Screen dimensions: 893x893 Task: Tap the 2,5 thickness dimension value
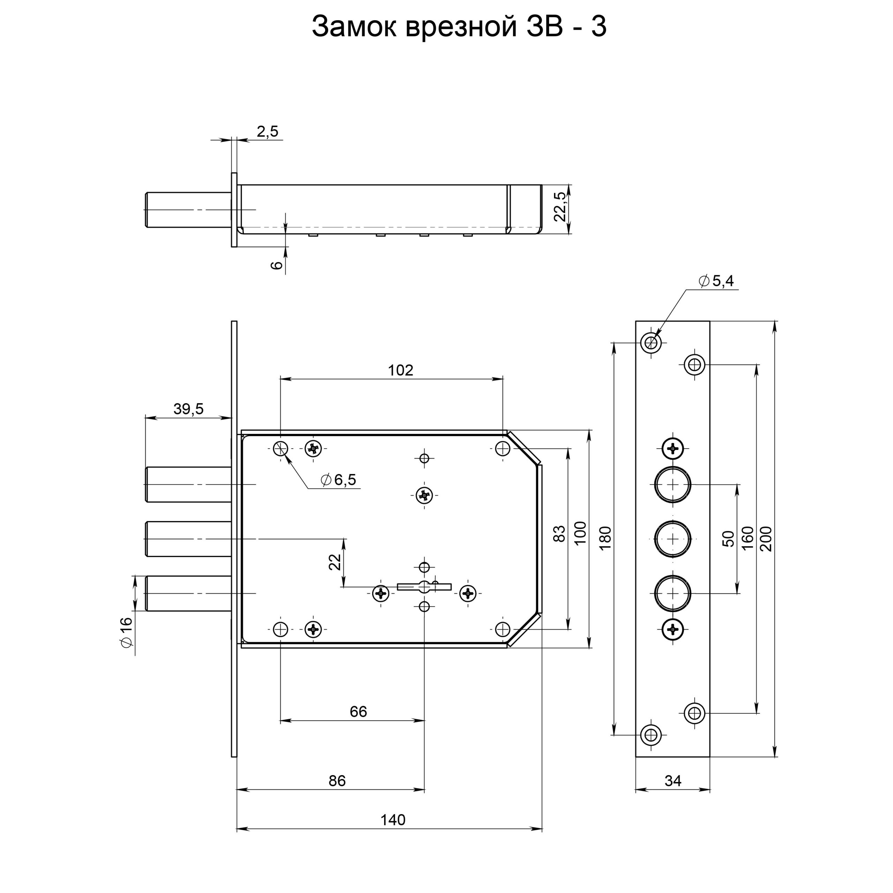268,132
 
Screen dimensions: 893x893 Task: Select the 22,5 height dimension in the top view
559,206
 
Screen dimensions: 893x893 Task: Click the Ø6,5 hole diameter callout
338,480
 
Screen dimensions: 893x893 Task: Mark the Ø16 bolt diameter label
126,631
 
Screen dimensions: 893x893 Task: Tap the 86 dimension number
337,781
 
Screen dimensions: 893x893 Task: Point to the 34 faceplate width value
673,781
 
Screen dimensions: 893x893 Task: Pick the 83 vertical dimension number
559,534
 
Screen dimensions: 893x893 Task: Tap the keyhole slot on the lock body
424,586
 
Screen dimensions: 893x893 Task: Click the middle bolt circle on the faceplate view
673,539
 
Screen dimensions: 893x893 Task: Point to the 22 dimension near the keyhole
335,562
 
